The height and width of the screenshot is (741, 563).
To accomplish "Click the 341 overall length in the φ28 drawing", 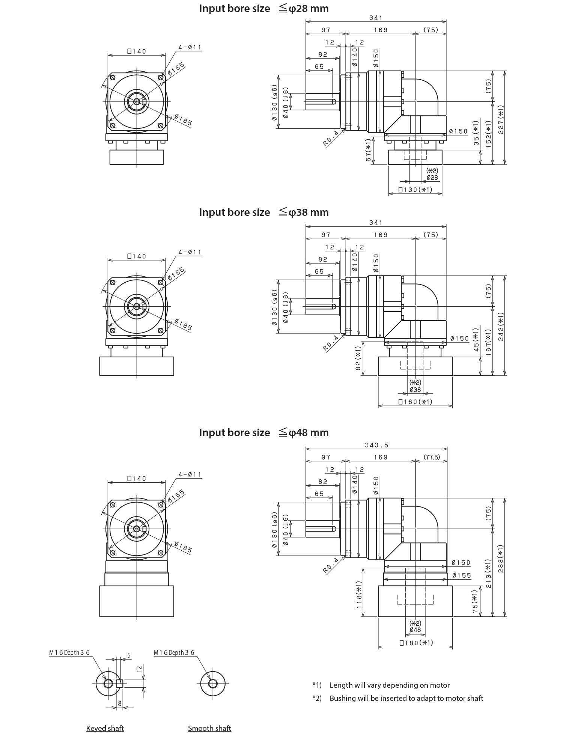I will [x=376, y=18].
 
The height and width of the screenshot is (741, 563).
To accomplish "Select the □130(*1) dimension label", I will [x=415, y=190].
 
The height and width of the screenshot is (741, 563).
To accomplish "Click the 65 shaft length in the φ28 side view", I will [x=319, y=66].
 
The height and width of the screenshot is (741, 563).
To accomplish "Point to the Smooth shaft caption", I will [x=209, y=728].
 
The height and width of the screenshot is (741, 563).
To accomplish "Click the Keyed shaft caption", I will [x=104, y=728].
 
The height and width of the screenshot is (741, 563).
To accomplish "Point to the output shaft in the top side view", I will [x=319, y=102].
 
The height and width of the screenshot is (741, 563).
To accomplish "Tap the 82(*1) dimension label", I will [x=358, y=370].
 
